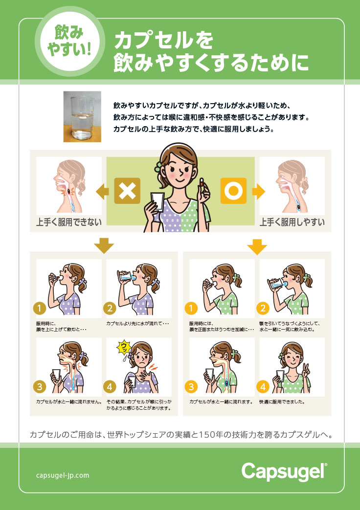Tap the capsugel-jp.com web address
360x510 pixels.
tap(63, 475)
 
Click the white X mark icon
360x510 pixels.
tap(127, 191)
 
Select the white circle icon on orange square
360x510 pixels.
tap(233, 191)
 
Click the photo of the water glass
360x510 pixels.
tap(82, 116)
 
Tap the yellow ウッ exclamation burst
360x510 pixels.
tap(124, 348)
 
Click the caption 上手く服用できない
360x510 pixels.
tap(68, 222)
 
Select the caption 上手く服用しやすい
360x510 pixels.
tap(292, 222)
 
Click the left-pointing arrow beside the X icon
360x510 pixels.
tap(103, 192)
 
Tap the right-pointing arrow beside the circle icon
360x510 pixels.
tap(258, 192)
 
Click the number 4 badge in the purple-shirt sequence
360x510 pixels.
tap(110, 387)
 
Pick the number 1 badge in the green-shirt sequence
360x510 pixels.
tap(191, 308)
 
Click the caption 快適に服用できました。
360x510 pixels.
tap(282, 401)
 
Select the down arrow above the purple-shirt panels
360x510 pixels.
tap(104, 245)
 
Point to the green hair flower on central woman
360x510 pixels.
tap(158, 167)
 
